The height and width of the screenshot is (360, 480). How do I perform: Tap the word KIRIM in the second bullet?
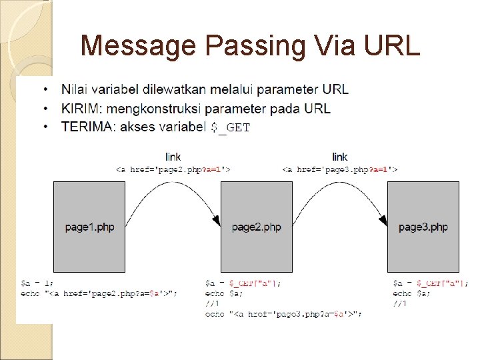81,108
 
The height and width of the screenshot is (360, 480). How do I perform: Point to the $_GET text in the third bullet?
230,127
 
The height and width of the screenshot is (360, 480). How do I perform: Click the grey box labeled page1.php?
89,227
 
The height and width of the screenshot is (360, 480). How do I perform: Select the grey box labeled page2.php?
256,227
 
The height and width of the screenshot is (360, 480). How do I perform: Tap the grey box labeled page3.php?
423,227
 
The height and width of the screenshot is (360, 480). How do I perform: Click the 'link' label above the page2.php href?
173,157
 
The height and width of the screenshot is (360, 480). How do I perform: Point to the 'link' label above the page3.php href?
339,157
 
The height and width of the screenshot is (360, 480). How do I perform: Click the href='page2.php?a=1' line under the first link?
173,169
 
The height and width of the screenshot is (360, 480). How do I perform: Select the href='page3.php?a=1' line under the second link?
339,169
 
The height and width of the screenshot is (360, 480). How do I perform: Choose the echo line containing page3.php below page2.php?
283,314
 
